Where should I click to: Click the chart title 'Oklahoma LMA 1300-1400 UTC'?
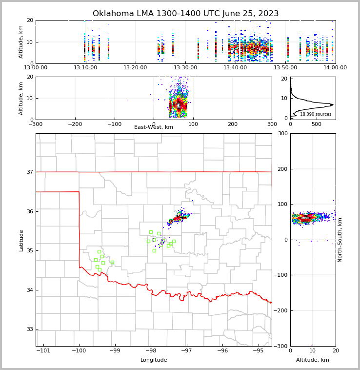185,14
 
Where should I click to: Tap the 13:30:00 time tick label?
185,68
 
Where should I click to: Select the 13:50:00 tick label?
285,68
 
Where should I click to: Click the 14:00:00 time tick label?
335,68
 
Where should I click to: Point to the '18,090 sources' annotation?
316,114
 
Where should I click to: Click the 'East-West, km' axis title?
154,127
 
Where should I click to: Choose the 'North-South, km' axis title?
340,240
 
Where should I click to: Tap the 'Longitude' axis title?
154,360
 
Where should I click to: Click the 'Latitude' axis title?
21,240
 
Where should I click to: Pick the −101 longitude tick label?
43,350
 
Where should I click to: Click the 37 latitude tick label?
29,172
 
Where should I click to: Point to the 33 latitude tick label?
29,329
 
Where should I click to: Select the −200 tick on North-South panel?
280,310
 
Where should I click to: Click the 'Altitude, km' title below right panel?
313,360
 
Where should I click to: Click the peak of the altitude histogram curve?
332,104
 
